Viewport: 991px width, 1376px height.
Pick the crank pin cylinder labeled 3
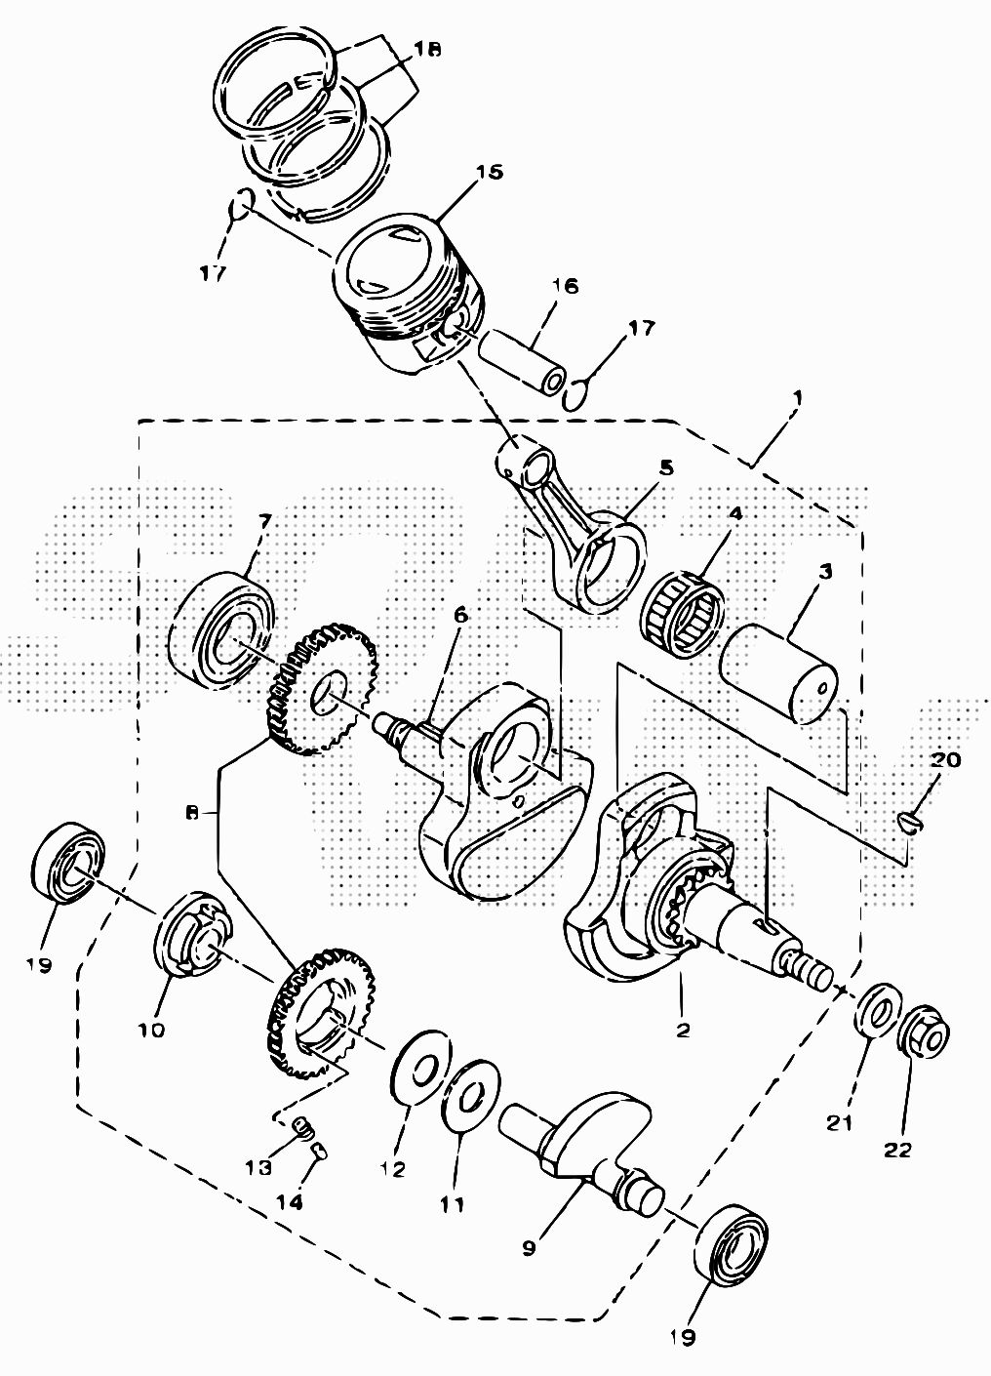[x=780, y=674]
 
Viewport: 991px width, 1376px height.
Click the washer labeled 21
[x=874, y=1008]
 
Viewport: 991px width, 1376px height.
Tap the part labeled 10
[x=191, y=936]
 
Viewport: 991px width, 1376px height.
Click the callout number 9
[x=529, y=1247]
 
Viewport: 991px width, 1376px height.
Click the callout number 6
[x=460, y=616]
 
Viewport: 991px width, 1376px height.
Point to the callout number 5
[x=665, y=467]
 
